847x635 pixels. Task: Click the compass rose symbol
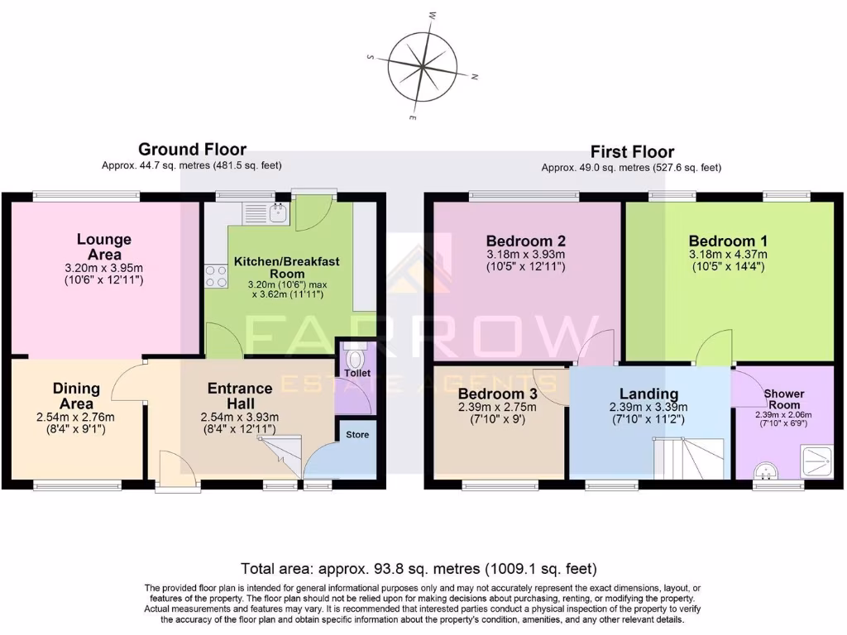click(423, 65)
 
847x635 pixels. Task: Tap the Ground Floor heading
click(192, 150)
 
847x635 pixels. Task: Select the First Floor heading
click(631, 152)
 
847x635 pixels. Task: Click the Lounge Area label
click(104, 247)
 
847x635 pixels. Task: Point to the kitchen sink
click(275, 213)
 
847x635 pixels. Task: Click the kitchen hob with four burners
click(216, 276)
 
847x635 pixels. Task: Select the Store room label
click(357, 435)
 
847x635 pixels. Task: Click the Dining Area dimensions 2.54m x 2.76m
click(76, 417)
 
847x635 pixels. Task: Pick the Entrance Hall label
click(240, 389)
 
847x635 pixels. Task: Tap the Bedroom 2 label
click(525, 241)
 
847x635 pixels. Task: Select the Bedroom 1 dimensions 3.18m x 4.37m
click(728, 254)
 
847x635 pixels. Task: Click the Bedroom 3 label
click(498, 394)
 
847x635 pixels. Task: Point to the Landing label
click(648, 394)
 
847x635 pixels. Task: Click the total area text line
click(419, 569)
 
